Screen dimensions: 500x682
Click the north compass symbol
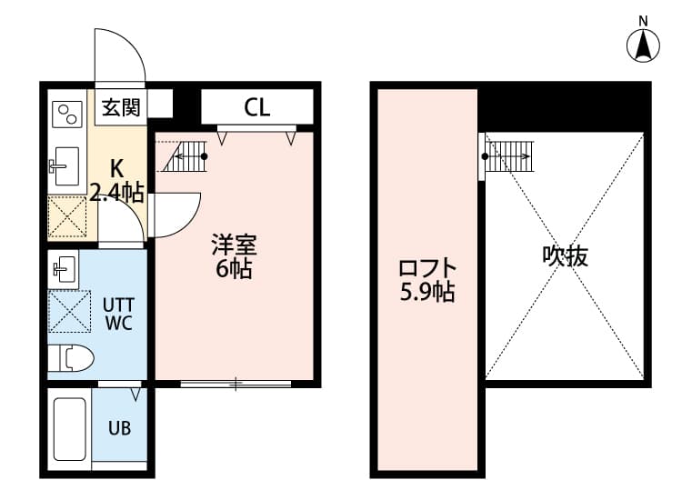coord(644,45)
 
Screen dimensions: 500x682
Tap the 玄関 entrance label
coord(120,107)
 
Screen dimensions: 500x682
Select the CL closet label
coord(257,107)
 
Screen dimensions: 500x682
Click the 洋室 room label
coord(234,244)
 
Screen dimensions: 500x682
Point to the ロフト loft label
coord(426,269)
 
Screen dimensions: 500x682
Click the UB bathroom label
coord(119,427)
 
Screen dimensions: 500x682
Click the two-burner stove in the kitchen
coord(67,114)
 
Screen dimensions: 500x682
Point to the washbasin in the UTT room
coord(64,269)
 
